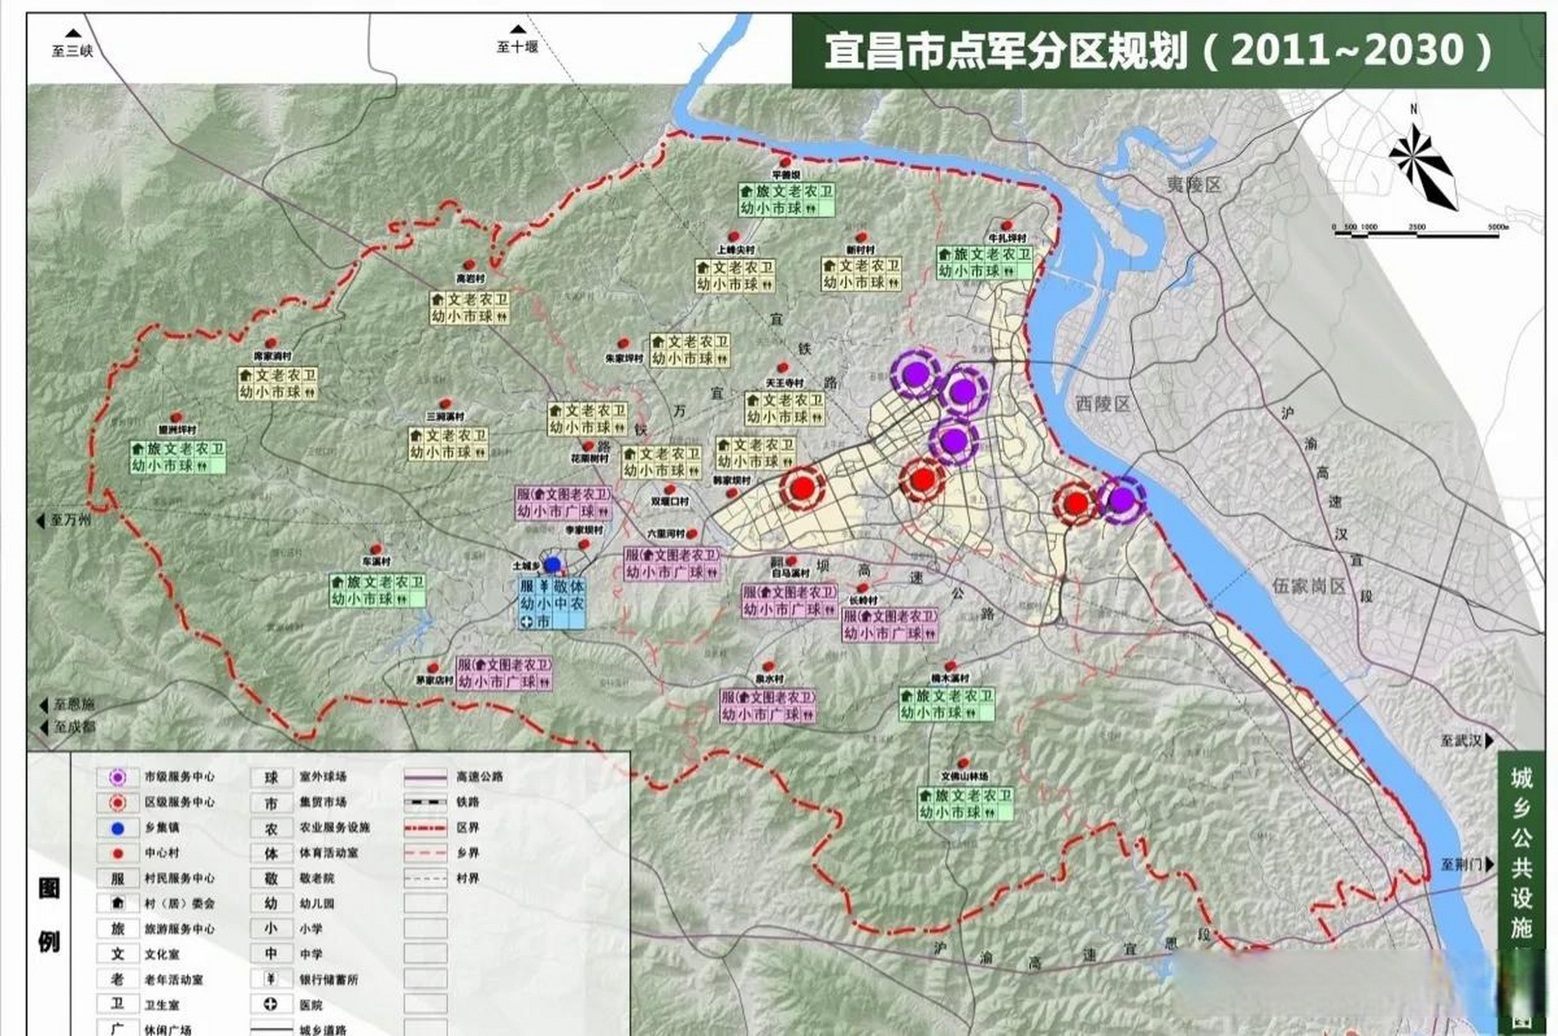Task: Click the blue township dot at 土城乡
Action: tap(553, 564)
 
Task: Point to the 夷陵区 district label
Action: tap(1193, 185)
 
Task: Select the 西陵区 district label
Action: tap(1102, 403)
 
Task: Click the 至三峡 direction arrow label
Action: tap(72, 46)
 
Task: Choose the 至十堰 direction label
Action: tap(517, 43)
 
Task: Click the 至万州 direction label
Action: tap(66, 520)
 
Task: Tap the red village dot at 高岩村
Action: tap(469, 265)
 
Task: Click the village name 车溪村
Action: tap(376, 561)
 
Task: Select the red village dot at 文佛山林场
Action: tap(963, 762)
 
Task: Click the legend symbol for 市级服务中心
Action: tap(118, 777)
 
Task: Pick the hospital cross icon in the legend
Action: tap(271, 1004)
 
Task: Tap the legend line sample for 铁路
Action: tap(425, 802)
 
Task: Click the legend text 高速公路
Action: tap(479, 776)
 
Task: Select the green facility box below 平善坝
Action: tap(786, 200)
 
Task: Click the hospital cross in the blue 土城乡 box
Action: tap(527, 621)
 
